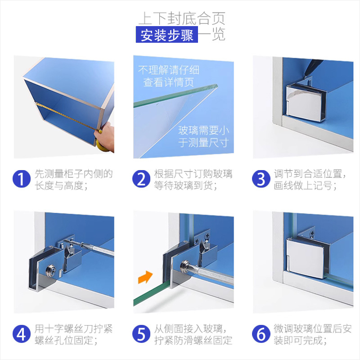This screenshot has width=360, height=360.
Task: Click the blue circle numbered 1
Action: click(21, 179)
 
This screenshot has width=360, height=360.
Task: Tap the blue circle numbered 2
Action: click(141, 179)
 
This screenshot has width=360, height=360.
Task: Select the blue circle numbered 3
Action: click(261, 179)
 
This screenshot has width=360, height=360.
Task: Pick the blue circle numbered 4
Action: click(21, 334)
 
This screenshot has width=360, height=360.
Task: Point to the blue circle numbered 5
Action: click(141, 334)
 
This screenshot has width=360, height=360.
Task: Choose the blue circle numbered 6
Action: click(261, 334)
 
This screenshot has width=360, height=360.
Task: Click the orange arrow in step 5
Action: click(145, 277)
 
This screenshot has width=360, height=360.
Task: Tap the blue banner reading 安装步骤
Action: click(167, 35)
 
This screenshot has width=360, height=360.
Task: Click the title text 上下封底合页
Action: click(182, 18)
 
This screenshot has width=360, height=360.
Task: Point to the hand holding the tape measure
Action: click(106, 137)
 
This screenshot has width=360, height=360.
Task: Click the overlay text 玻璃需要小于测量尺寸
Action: click(204, 136)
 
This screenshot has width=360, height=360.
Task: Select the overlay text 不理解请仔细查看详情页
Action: click(169, 76)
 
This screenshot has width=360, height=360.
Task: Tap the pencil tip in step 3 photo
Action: click(305, 76)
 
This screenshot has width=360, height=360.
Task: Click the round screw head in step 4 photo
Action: click(51, 270)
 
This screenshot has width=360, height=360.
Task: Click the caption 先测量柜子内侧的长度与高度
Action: click(73, 180)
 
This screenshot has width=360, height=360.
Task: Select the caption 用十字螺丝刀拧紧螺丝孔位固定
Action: click(73, 334)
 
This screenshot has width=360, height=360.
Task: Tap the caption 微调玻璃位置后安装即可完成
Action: click(312, 334)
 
